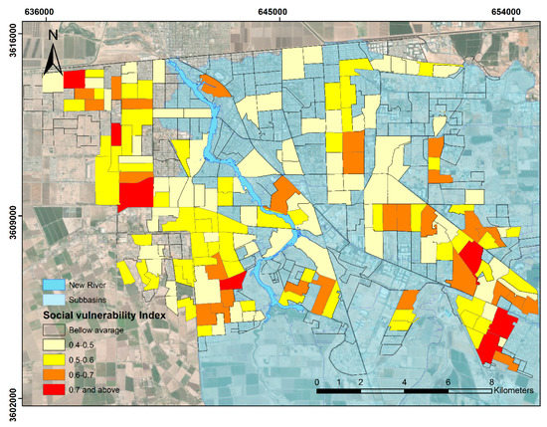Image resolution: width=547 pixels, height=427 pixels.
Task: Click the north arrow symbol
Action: (52, 50)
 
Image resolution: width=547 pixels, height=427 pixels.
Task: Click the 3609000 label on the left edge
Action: (13, 214)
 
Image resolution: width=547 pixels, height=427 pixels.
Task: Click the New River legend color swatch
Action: (54, 284)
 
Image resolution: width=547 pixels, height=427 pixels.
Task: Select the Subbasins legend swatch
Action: (54, 299)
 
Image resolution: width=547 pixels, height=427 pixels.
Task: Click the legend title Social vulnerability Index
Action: (103, 315)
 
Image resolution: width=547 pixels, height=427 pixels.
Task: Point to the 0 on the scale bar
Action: (316, 382)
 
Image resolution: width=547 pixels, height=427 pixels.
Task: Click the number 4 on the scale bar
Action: (405, 382)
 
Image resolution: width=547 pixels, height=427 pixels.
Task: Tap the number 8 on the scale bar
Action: (492, 382)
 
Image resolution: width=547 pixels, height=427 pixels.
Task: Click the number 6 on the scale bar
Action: (449, 382)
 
